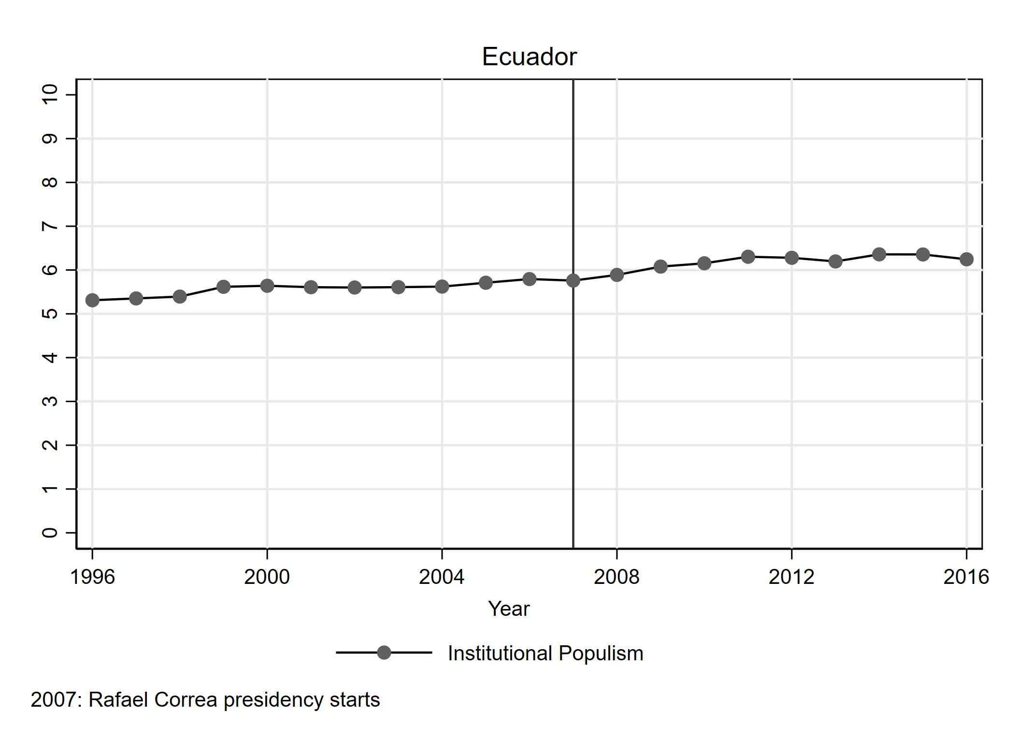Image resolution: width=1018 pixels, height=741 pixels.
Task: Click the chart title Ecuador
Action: (529, 57)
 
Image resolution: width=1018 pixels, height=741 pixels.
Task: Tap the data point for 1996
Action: (92, 300)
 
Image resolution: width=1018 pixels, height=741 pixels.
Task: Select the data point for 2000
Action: (267, 286)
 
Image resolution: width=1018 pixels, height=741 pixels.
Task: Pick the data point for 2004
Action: (442, 287)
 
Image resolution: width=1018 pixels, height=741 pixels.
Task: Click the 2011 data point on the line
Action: (748, 257)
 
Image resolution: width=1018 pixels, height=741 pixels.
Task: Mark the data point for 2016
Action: (966, 259)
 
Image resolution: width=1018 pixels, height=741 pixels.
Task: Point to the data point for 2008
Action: (617, 275)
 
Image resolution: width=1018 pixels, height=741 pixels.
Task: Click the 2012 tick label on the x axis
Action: (791, 577)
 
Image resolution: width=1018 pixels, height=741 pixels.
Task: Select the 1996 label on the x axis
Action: (92, 577)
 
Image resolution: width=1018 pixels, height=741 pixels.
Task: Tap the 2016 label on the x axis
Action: (966, 577)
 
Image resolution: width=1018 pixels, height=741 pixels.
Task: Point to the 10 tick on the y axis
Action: (50, 94)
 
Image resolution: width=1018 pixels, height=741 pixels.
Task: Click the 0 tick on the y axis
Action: (50, 533)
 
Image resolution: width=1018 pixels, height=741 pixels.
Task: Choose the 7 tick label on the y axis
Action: (50, 226)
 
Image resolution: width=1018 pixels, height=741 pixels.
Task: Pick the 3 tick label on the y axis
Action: (50, 401)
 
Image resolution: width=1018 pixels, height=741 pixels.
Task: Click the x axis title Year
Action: (509, 609)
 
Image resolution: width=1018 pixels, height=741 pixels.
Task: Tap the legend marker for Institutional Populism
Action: (384, 653)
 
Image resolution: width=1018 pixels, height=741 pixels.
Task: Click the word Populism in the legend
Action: (601, 654)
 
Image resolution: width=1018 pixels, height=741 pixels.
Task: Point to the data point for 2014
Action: (879, 254)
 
